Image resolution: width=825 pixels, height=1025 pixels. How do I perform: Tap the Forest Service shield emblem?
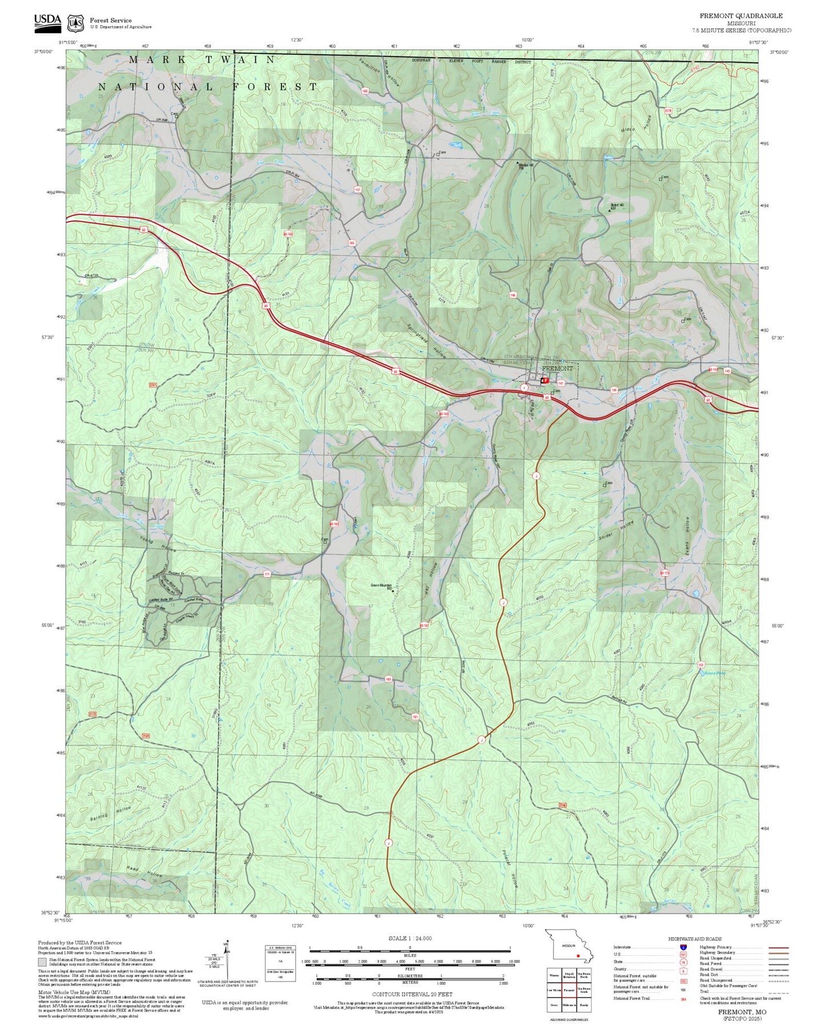(x=75, y=23)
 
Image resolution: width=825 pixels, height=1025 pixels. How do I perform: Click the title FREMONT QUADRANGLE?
(x=741, y=16)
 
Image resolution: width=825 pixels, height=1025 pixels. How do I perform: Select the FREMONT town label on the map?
(x=557, y=369)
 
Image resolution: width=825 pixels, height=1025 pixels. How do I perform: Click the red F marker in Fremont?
(x=545, y=380)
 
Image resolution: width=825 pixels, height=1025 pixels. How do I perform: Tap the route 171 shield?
(x=267, y=574)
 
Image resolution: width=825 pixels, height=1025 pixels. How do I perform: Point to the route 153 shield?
(x=701, y=664)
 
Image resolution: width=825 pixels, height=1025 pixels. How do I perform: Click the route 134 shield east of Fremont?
(x=614, y=390)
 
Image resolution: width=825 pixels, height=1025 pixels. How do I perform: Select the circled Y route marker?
(x=524, y=388)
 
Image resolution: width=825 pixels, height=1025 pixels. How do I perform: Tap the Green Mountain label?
(x=381, y=586)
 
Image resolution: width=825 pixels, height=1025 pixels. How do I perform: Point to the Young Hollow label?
(x=158, y=543)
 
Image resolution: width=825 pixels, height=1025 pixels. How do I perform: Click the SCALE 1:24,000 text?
(x=409, y=938)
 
